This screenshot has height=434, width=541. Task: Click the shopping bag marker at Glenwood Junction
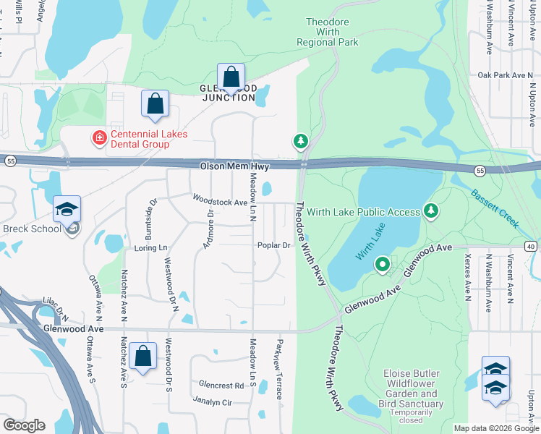231,77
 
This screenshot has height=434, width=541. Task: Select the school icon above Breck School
67,210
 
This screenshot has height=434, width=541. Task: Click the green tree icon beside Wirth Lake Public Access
431,210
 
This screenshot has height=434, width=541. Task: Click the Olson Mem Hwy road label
234,166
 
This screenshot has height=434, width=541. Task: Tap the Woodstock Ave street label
220,200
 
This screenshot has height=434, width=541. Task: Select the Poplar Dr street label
274,245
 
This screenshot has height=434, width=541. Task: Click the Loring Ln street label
150,247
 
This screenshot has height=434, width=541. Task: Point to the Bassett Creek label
495,209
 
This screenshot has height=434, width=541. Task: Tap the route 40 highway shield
531,247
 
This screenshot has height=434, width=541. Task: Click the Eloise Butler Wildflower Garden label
411,388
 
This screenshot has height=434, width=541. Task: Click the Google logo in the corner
24,425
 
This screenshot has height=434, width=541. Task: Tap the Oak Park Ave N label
505,75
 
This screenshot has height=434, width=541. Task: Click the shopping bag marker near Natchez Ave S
143,357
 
